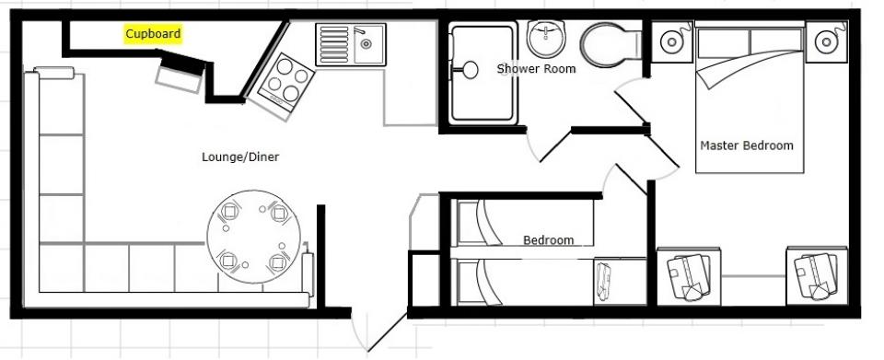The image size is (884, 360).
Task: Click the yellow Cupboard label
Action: [x=153, y=34]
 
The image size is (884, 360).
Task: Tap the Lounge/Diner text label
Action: [x=240, y=157]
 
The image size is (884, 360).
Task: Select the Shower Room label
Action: [x=536, y=69]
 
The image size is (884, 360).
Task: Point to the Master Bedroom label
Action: [x=747, y=145]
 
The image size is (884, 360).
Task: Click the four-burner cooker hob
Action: [x=285, y=82]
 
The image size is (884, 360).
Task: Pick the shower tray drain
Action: [x=469, y=70]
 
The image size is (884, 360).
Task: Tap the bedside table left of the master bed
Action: [x=672, y=41]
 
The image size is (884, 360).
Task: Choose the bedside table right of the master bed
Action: [x=826, y=41]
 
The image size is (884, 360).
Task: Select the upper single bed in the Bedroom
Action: [x=525, y=223]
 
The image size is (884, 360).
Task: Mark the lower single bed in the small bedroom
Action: [x=525, y=281]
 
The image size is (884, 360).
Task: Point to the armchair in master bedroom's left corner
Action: [x=689, y=276]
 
